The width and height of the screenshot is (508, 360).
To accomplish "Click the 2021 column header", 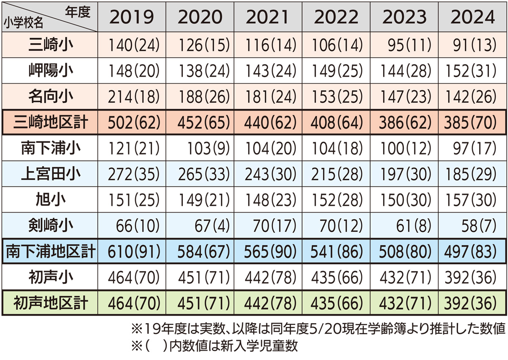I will pyautogui.click(x=268, y=17).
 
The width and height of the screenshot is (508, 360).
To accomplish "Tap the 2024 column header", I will pyautogui.click(x=472, y=17).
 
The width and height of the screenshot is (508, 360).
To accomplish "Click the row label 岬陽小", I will pyautogui.click(x=50, y=70).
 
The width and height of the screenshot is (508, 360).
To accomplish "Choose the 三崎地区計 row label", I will pyautogui.click(x=50, y=122).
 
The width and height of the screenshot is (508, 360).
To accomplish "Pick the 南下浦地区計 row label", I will pyautogui.click(x=50, y=252).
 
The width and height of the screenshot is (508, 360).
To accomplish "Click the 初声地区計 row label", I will pyautogui.click(x=50, y=303).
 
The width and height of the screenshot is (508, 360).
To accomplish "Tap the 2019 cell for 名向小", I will pyautogui.click(x=132, y=97).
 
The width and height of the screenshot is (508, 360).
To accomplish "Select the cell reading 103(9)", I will pyautogui.click(x=200, y=148).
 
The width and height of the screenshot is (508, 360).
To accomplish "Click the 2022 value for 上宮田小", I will pyautogui.click(x=336, y=174).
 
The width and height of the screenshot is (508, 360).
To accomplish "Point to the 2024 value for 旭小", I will pyautogui.click(x=472, y=200).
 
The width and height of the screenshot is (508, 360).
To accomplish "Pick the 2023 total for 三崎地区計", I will pyautogui.click(x=404, y=122).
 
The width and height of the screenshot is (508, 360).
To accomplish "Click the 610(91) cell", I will pyautogui.click(x=132, y=252).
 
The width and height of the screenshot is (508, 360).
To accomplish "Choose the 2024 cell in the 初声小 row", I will pyautogui.click(x=472, y=277).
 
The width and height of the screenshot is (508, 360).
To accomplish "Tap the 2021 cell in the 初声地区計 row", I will pyautogui.click(x=268, y=303).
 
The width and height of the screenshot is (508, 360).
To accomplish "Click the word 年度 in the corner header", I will pyautogui.click(x=78, y=12).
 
